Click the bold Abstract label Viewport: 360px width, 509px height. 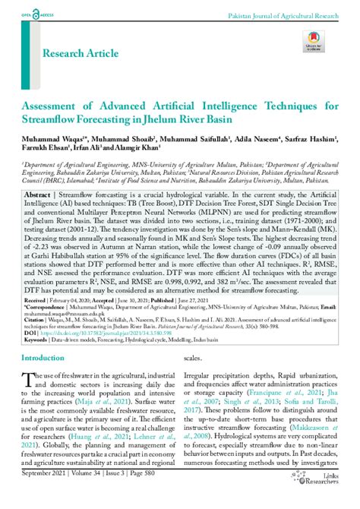pos(38,195)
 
